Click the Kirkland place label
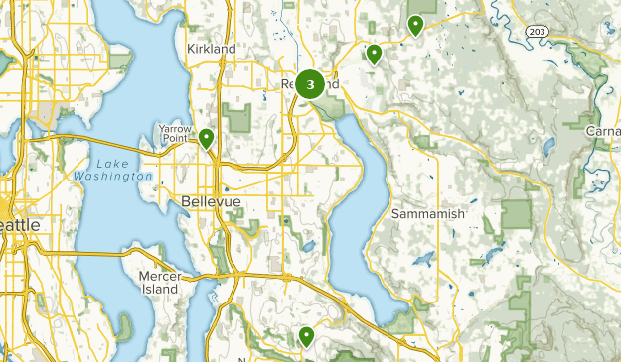coord(211,48)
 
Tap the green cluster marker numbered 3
coord(311,85)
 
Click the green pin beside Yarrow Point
coord(207,138)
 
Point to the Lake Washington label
coord(112,170)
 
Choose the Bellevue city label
coord(212,201)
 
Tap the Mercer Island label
coord(159,281)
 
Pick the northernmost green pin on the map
coord(415,25)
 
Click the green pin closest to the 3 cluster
coord(374,54)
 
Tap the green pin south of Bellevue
coord(306,337)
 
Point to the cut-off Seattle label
coord(20,225)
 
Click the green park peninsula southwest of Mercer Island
coord(125,325)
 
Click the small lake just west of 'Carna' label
coord(548,147)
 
